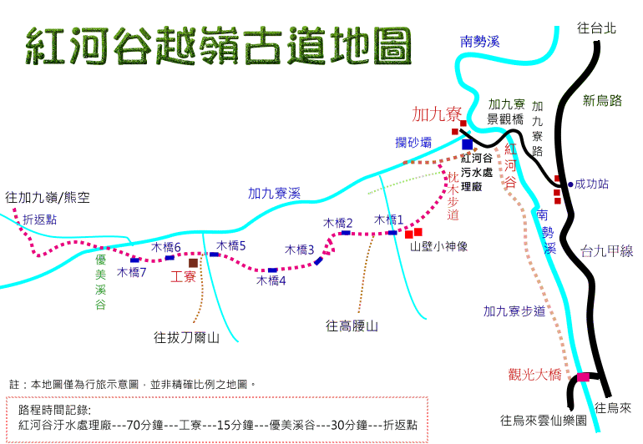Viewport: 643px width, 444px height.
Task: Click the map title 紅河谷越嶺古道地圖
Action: coord(219,46)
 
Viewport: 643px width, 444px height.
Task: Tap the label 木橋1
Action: coord(389,219)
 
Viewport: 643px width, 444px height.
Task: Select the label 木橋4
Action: coord(271,280)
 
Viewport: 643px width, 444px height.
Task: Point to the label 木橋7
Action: coord(132,272)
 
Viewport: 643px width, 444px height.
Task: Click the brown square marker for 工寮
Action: coord(193,263)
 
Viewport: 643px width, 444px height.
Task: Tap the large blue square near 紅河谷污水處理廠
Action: coord(467,144)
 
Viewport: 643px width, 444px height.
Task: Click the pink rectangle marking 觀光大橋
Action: coord(583,376)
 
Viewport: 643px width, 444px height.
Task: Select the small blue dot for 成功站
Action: coord(570,184)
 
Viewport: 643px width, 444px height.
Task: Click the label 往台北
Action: coord(597,28)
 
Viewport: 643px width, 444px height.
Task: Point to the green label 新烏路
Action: coord(602,100)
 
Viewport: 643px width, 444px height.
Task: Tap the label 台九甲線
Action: coord(607,251)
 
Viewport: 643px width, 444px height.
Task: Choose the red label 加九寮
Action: coord(437,114)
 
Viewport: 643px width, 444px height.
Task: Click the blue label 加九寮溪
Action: coord(275,193)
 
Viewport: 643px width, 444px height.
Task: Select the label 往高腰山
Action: coord(352,326)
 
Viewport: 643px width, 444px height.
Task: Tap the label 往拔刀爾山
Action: coord(186,337)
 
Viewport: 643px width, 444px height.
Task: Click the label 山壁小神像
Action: coord(438,246)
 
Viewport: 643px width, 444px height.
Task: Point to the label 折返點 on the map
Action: coord(40,219)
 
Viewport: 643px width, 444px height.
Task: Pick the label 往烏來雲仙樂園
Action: coord(544,421)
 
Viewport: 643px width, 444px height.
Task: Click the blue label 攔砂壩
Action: coord(413,142)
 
